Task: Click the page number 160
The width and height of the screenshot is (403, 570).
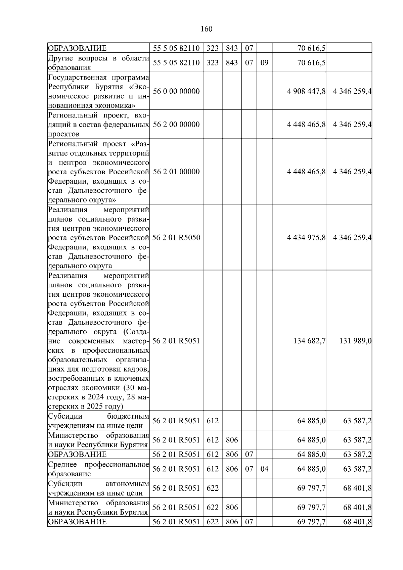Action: point(206,29)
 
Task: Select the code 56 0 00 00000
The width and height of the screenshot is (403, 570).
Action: point(176,91)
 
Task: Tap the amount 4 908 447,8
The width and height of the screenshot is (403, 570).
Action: point(306,91)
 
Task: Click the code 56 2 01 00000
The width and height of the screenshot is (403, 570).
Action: point(176,172)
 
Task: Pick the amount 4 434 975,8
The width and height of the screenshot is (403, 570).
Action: point(306,238)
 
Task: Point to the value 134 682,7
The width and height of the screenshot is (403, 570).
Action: point(309,341)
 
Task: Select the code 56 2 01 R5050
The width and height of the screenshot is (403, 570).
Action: point(176,238)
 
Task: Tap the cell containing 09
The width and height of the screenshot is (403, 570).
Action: point(264,63)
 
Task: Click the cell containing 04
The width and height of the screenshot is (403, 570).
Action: point(264,469)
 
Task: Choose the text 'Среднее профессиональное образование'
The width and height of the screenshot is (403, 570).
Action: point(98,469)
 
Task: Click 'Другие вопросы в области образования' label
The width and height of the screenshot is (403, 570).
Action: point(98,63)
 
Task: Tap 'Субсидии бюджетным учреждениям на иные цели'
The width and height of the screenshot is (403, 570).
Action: point(98,421)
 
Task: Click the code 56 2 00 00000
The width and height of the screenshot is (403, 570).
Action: point(176,125)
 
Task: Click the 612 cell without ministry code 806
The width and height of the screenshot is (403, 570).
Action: point(212,421)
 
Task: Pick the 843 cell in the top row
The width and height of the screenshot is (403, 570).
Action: point(231,48)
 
